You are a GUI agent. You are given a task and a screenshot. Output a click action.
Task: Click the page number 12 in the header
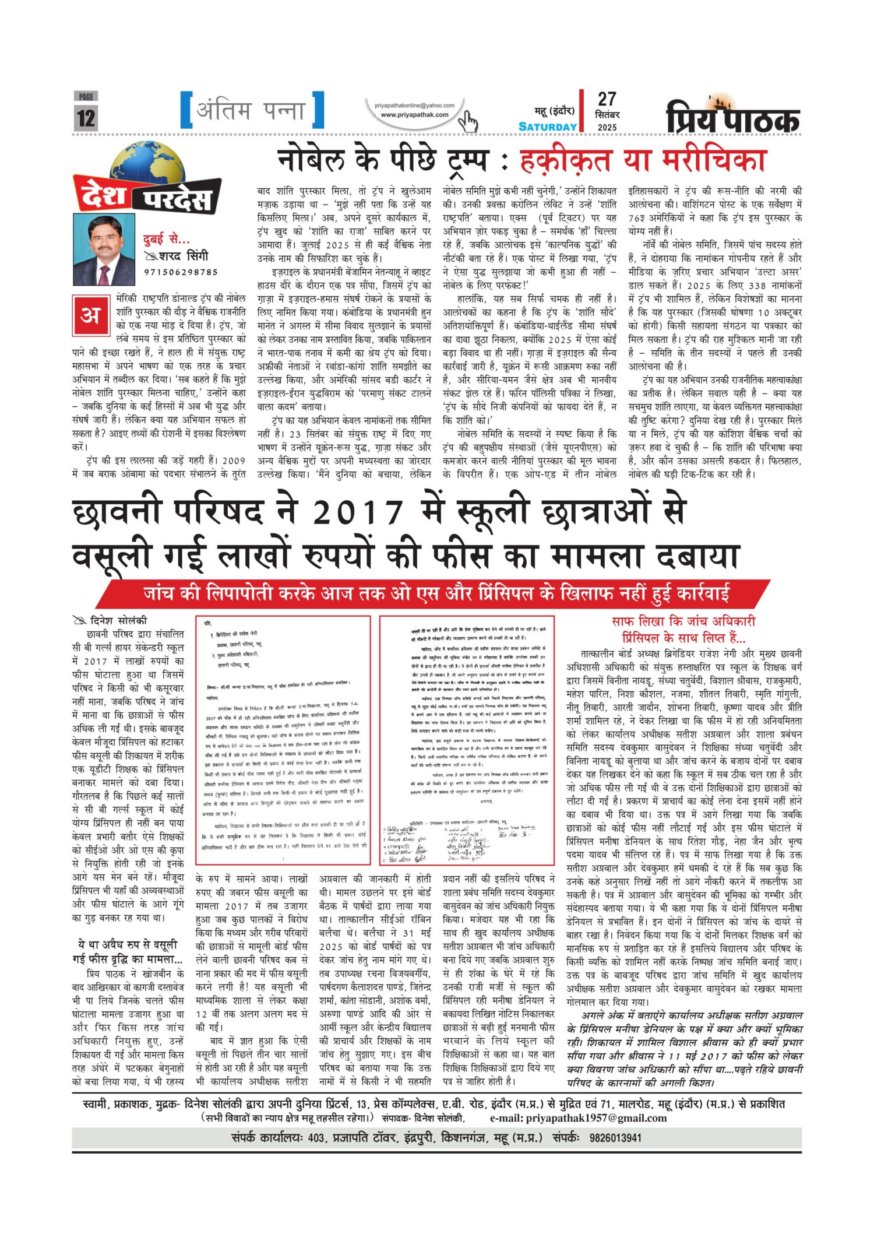86,117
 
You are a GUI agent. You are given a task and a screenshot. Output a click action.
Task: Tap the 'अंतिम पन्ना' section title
251,110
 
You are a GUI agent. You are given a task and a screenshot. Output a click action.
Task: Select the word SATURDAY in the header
547,126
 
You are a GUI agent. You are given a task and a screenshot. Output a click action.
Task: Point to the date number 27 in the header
607,99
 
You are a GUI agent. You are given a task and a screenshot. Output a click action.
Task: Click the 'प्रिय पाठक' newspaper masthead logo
732,117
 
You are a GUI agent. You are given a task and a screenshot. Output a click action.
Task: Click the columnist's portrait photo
104,249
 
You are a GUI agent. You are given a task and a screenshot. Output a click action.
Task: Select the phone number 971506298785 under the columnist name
181,272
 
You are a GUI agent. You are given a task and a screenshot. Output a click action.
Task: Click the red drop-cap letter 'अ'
90,315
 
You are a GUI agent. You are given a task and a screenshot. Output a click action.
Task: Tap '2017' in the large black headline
357,512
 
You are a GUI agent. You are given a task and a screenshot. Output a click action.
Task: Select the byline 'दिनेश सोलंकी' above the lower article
119,621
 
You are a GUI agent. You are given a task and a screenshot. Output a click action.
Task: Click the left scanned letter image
283,741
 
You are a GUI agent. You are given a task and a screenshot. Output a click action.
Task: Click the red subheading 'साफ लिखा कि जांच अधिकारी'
683,621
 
